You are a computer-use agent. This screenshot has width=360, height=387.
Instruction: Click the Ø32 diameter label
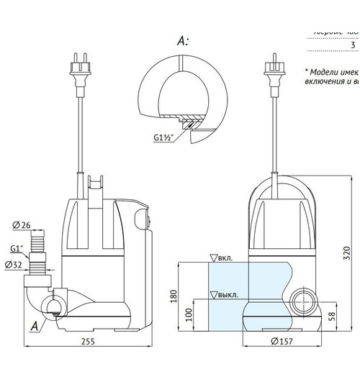point(22,265)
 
